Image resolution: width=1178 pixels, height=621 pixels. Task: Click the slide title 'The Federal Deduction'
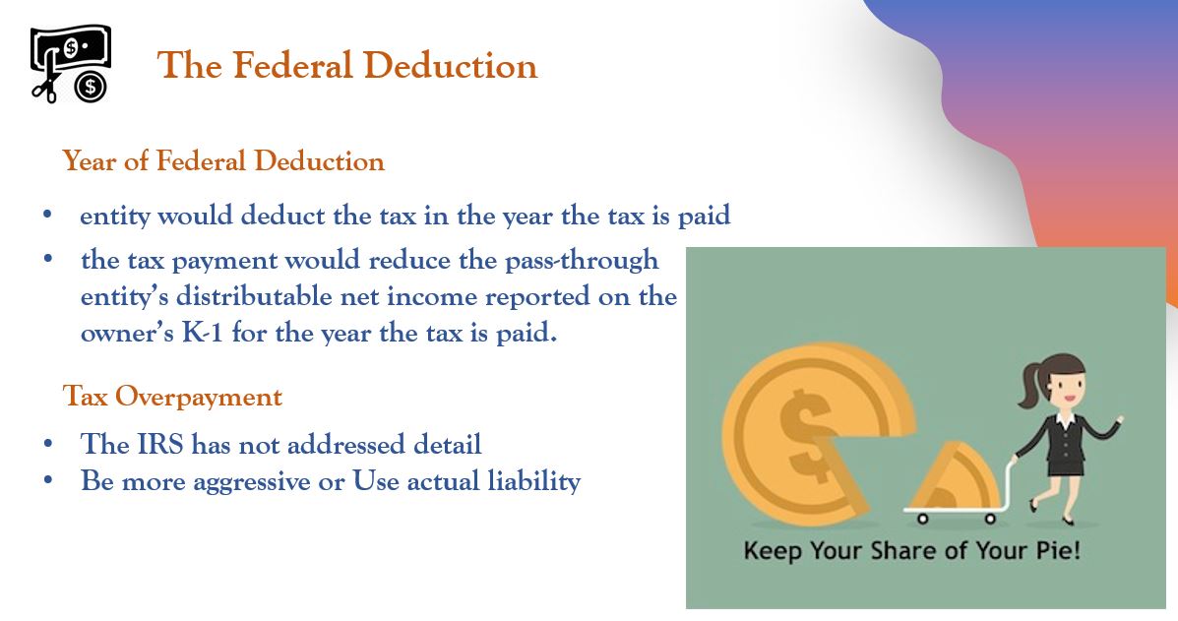(x=347, y=65)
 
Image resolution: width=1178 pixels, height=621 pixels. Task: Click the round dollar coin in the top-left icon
(x=91, y=88)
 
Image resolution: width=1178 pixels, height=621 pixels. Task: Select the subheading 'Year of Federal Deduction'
(x=223, y=160)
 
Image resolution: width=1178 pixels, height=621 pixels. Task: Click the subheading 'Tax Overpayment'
(x=172, y=396)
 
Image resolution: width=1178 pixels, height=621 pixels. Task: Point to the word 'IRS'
(x=160, y=444)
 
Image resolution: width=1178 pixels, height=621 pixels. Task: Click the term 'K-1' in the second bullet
(x=203, y=332)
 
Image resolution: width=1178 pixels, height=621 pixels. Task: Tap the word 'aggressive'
(x=252, y=481)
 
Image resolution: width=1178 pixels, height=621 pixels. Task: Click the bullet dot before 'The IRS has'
(x=48, y=444)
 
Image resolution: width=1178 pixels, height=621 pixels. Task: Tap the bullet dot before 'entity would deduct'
(x=48, y=215)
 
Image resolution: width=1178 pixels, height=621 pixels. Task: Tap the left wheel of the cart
(x=922, y=518)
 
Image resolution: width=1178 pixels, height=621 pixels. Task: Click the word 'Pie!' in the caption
(x=1059, y=550)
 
